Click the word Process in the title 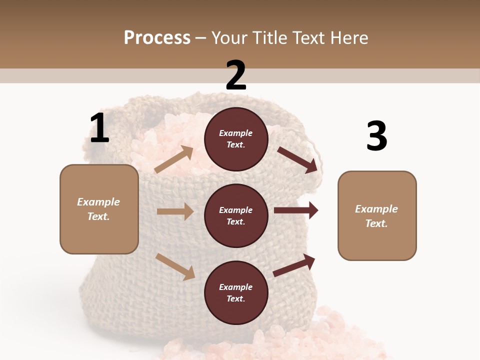click(157, 38)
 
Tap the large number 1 click(99, 128)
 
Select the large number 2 click(236, 75)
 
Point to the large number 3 click(376, 136)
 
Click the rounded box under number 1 click(99, 209)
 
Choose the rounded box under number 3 click(377, 216)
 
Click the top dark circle click(236, 139)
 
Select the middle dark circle click(236, 215)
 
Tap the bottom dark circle click(236, 292)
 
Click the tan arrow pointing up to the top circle click(174, 159)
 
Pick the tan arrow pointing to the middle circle click(175, 211)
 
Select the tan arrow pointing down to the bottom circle click(175, 266)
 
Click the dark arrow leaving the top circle click(297, 159)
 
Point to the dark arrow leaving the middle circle click(296, 210)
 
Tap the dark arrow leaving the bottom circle click(294, 265)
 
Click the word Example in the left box click(98, 202)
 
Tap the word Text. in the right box click(376, 223)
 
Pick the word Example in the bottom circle click(236, 287)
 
